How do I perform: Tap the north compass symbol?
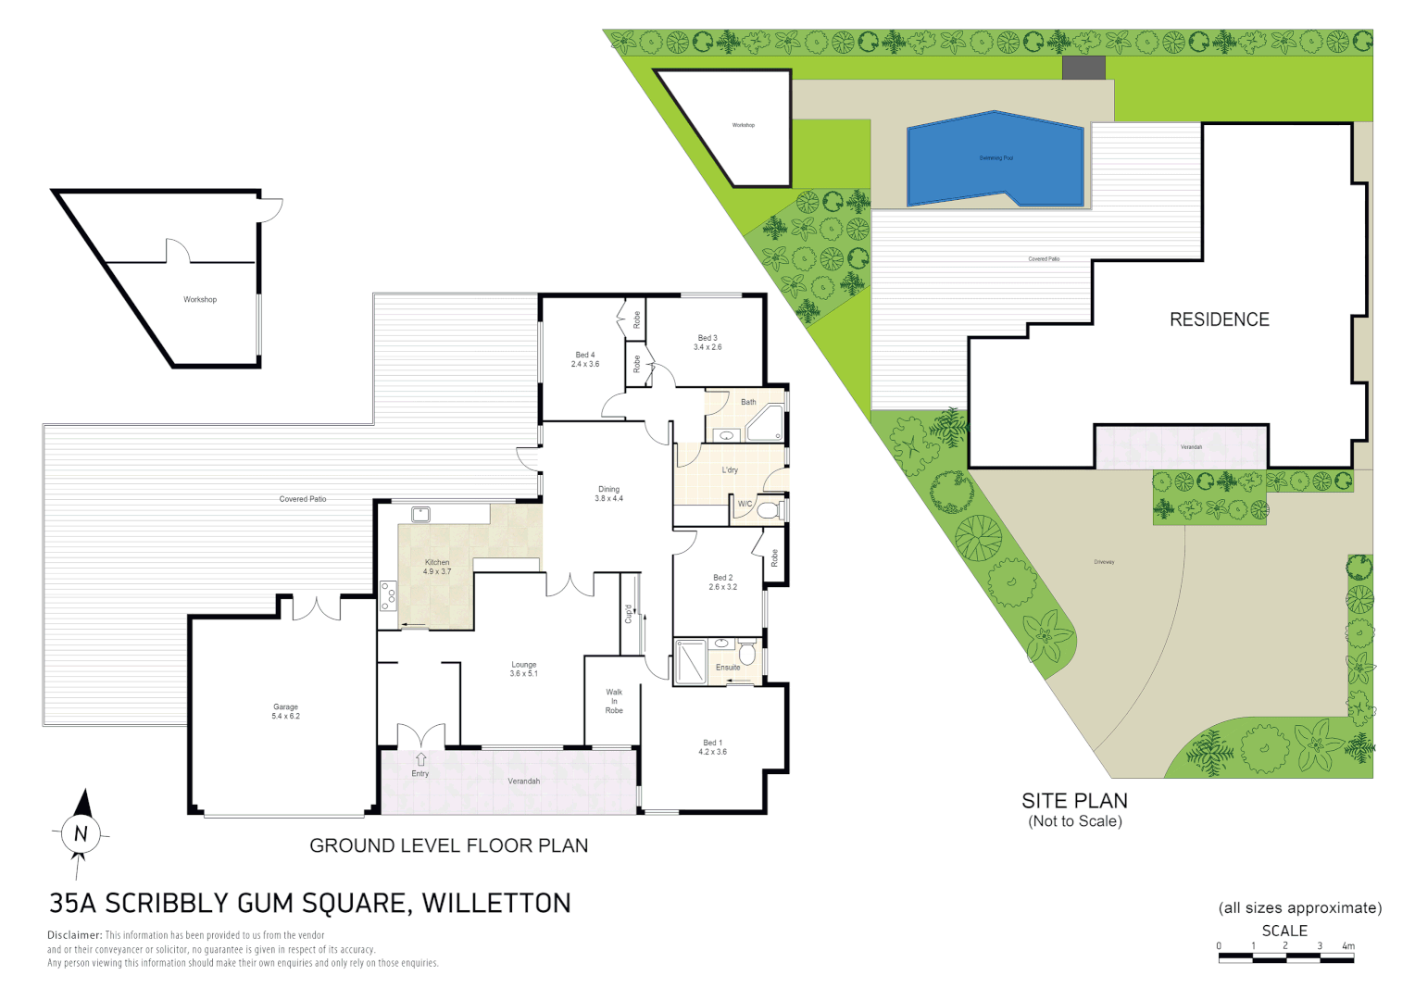click(x=81, y=832)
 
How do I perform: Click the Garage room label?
click(x=285, y=711)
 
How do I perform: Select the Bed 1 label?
click(x=712, y=747)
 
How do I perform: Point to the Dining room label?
click(x=608, y=494)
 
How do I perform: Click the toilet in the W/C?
click(x=768, y=508)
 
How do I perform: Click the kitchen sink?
click(x=421, y=514)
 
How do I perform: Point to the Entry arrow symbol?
click(x=420, y=759)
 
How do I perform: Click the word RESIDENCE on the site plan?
click(x=1219, y=319)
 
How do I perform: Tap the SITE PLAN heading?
click(x=1074, y=801)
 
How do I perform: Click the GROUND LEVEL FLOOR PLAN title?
click(x=448, y=845)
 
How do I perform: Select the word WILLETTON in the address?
click(x=496, y=903)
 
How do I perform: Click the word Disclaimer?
click(x=74, y=935)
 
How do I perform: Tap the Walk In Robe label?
click(x=614, y=701)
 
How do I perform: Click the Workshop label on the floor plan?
click(x=200, y=299)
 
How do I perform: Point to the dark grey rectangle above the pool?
click(x=1083, y=68)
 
